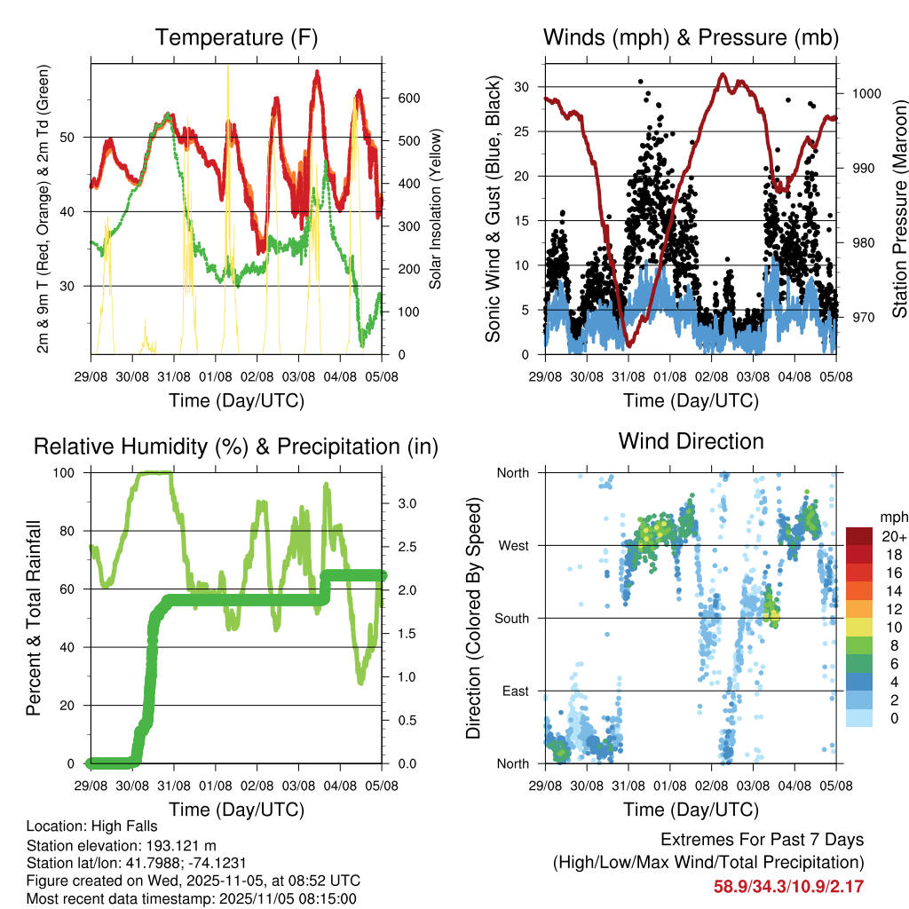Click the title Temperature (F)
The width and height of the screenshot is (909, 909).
click(236, 38)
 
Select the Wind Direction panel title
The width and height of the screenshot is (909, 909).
click(691, 441)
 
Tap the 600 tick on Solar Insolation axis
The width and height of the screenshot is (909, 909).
click(407, 98)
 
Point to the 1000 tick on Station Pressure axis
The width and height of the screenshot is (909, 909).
click(866, 93)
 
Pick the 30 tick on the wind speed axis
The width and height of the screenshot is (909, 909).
click(522, 87)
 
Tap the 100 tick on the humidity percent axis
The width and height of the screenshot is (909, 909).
click(68, 473)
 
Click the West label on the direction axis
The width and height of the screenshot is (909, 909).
click(512, 546)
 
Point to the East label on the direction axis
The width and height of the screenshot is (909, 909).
click(513, 691)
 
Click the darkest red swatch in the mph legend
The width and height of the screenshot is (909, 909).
click(859, 536)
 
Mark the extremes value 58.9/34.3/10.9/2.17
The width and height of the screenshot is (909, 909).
click(788, 886)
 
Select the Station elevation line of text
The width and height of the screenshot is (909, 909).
click(122, 845)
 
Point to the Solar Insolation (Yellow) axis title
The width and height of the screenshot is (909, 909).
click(436, 209)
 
